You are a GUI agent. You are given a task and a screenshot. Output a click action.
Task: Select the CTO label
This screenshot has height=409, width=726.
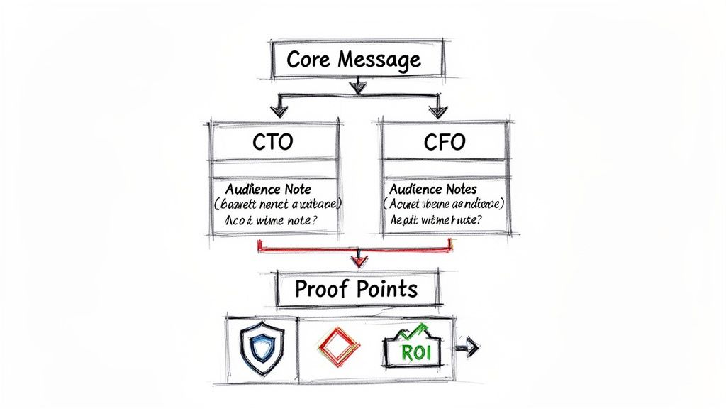(x=273, y=142)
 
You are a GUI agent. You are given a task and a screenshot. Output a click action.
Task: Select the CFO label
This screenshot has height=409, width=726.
(x=444, y=142)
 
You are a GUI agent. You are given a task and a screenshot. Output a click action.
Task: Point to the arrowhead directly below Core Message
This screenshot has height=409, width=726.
(x=358, y=87)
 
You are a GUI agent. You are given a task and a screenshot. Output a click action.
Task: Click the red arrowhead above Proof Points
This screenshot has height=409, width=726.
(x=359, y=260)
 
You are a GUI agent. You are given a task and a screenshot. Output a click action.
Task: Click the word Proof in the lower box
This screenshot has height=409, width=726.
(x=317, y=289)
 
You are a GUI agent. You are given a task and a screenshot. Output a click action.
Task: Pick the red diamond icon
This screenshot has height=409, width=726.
(x=340, y=347)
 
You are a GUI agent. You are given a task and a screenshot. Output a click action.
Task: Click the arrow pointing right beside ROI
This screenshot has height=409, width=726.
(x=469, y=348)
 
